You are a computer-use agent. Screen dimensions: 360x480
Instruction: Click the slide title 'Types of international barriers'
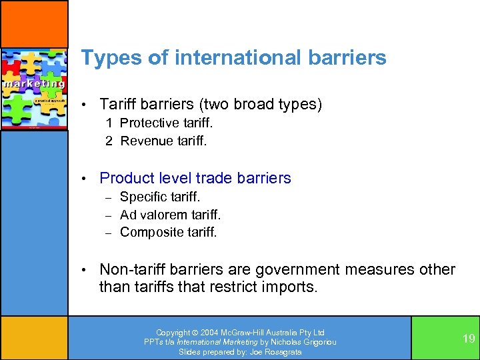click(233, 58)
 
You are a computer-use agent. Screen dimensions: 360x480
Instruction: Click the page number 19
click(469, 339)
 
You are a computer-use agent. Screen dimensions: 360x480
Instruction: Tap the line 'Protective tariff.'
click(167, 123)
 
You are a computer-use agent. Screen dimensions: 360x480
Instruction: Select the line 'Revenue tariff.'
click(163, 141)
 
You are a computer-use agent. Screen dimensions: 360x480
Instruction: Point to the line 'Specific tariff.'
click(160, 197)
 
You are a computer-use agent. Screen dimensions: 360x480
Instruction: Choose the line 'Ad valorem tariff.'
click(170, 215)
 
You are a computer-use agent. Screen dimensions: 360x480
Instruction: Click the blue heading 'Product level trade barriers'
click(195, 178)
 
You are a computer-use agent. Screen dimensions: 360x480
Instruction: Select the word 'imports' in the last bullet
click(292, 287)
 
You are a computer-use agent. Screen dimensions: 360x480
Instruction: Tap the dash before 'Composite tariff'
click(109, 232)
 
